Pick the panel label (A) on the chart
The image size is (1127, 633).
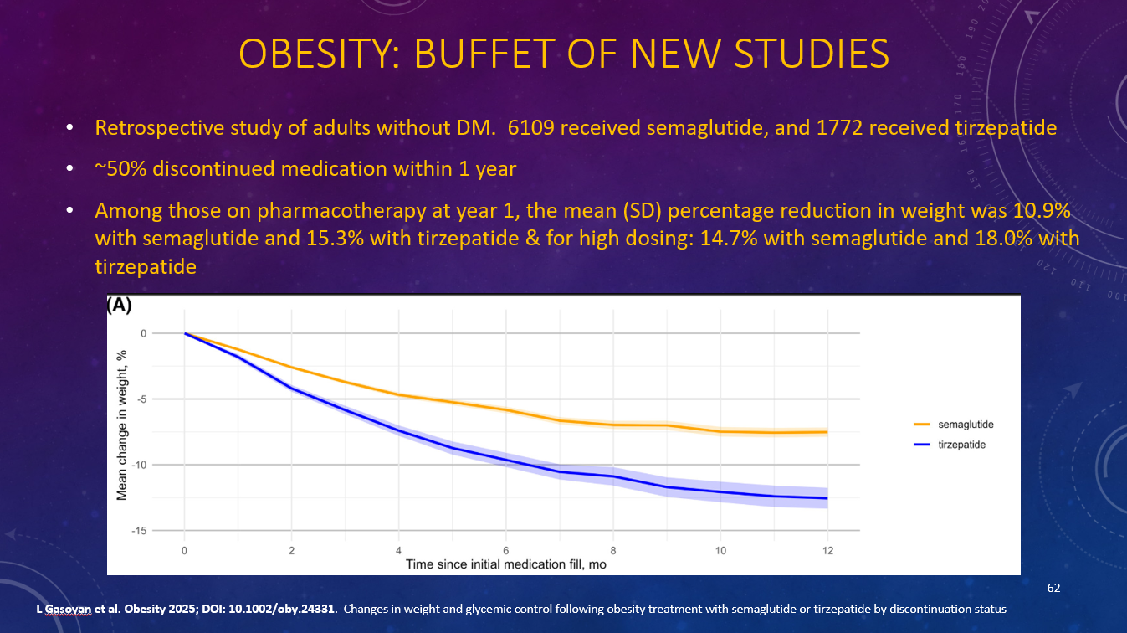[x=119, y=306]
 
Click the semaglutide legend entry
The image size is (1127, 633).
[x=966, y=425]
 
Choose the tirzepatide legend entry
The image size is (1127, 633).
[x=961, y=445]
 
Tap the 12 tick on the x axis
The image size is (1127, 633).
[x=827, y=550]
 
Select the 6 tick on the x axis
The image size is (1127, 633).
[x=506, y=550]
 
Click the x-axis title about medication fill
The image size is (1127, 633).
[x=505, y=564]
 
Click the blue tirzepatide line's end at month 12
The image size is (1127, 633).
[x=827, y=498]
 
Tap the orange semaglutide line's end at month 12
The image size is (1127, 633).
[x=827, y=432]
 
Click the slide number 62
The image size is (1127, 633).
[x=1053, y=589]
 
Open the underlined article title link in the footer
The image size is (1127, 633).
[x=674, y=609]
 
